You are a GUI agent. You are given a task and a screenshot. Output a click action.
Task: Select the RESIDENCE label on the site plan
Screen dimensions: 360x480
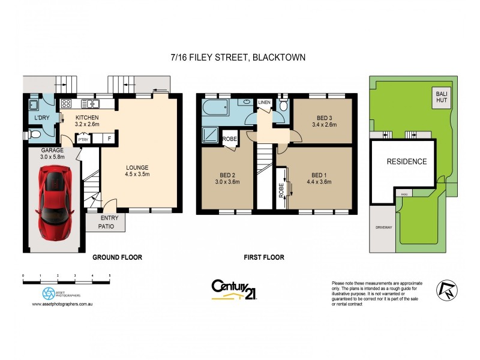(x=406, y=161)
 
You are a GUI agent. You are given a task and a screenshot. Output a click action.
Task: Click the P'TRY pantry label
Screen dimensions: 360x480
(x=83, y=140)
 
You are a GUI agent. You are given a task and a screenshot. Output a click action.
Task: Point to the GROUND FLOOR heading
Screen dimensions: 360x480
(x=117, y=257)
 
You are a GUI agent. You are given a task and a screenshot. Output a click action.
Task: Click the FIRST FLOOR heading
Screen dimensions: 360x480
(x=264, y=257)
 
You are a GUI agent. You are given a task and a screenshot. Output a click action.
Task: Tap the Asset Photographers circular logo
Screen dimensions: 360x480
(x=48, y=293)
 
